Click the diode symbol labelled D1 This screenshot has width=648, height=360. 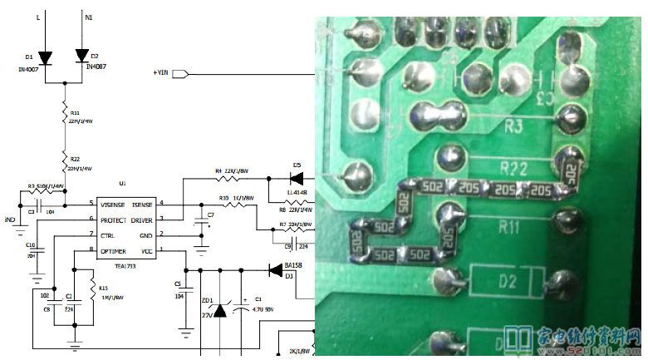click(x=45, y=57)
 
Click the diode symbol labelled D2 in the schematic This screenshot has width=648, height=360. click(x=81, y=55)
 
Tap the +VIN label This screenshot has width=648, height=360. click(x=162, y=72)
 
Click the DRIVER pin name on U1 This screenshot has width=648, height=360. click(x=140, y=219)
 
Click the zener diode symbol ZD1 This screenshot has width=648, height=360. click(x=219, y=311)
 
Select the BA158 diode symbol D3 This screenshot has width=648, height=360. click(x=275, y=269)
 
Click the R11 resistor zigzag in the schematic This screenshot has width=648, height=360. click(x=64, y=116)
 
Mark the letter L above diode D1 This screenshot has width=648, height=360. click(x=38, y=16)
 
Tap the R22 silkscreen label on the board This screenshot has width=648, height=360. click(x=513, y=169)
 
